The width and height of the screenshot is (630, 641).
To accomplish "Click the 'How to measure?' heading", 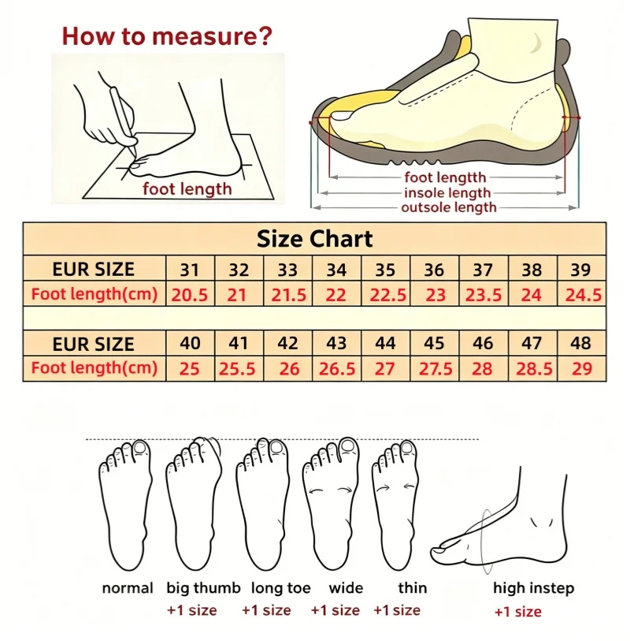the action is [167, 36].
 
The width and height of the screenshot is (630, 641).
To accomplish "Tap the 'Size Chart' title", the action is [314, 239].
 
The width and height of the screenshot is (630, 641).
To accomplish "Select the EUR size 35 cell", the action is [385, 270].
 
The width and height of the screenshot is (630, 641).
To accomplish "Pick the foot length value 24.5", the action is [583, 295].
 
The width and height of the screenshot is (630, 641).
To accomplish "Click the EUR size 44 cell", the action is [385, 344].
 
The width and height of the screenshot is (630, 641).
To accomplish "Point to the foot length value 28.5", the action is [534, 369].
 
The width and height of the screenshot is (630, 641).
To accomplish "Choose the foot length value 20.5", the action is [190, 295].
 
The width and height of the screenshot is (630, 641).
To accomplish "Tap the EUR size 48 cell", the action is [580, 344].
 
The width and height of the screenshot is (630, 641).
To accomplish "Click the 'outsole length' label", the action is [449, 207].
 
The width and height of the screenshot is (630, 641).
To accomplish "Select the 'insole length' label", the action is [447, 192].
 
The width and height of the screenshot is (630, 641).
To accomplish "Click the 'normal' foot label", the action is [128, 588].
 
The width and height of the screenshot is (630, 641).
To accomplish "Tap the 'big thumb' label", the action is [203, 588].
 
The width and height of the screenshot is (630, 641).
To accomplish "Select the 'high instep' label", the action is [534, 588].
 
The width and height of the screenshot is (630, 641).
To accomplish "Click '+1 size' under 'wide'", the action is [335, 610].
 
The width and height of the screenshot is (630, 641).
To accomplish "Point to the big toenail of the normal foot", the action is [140, 448].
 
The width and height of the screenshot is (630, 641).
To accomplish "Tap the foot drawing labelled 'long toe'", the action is [262, 504].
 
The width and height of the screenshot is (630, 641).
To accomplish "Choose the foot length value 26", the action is [289, 369].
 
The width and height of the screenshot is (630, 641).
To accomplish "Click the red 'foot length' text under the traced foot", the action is [187, 189].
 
